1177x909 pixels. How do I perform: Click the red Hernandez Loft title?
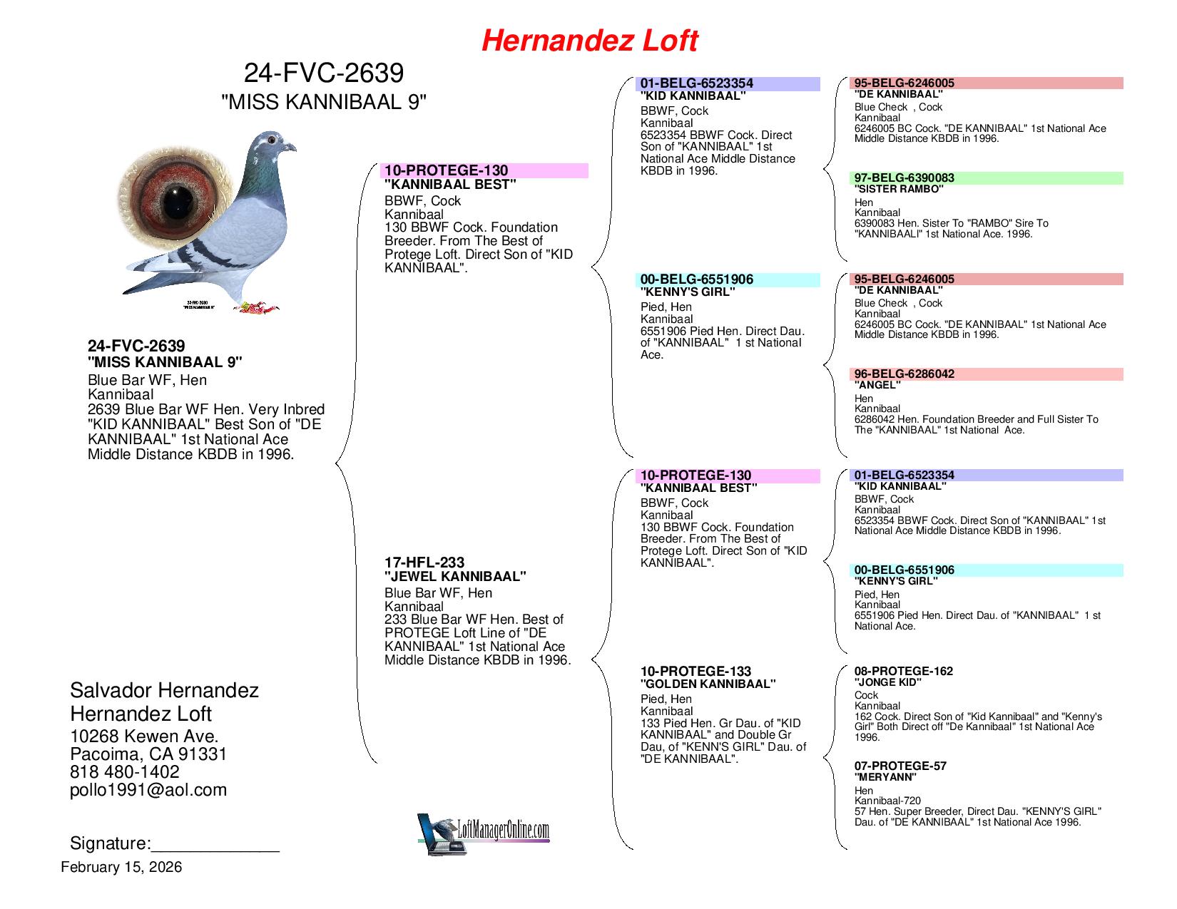(589, 41)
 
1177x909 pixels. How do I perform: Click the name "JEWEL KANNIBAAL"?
(455, 576)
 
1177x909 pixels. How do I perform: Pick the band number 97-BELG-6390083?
(904, 178)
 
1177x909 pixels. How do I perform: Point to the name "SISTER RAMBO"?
(898, 190)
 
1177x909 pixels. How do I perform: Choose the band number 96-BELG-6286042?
(904, 374)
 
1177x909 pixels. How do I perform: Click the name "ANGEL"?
(877, 385)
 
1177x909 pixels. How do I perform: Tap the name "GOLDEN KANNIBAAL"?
(708, 684)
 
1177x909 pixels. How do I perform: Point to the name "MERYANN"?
(885, 777)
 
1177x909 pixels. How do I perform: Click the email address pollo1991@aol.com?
(148, 790)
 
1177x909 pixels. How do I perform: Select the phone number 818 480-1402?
(125, 772)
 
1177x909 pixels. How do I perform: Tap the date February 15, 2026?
(121, 868)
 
